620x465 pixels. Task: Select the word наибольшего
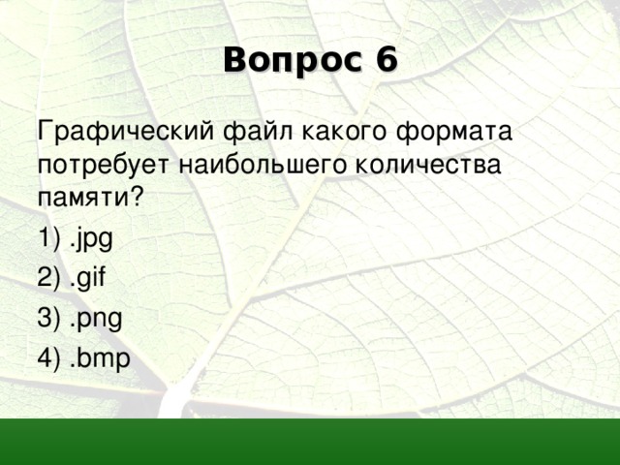(252, 165)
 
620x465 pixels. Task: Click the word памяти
(84, 198)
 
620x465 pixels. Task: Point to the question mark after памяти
(137, 197)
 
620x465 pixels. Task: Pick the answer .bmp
(96, 358)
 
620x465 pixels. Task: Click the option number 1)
(48, 238)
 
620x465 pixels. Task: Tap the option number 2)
(48, 279)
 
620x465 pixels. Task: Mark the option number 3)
(48, 319)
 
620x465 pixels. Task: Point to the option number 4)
(48, 358)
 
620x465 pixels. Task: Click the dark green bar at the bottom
(310, 442)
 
